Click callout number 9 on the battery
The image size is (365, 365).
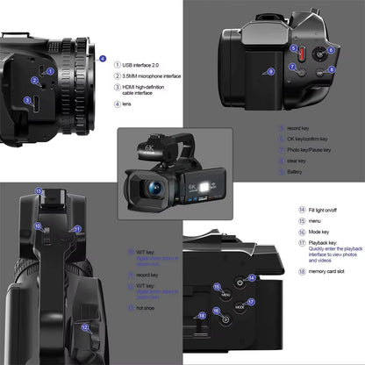[270, 71]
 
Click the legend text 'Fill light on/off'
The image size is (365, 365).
[312, 211]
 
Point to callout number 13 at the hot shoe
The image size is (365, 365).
[39, 190]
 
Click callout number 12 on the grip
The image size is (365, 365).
[84, 327]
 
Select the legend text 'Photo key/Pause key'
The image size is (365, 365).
[310, 150]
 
